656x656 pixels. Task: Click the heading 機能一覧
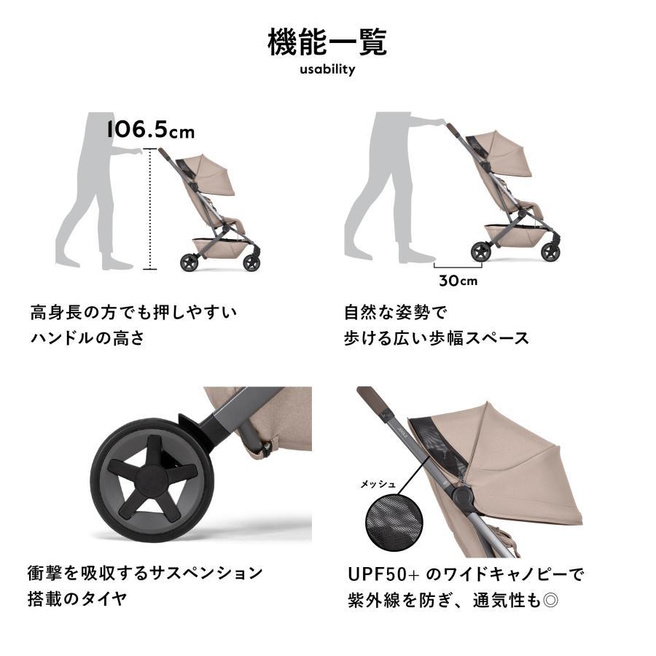327,42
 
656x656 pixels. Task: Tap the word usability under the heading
327,70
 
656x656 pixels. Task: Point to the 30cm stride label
458,281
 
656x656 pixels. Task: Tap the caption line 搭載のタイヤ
77,599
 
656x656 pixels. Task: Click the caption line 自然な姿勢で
396,313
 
